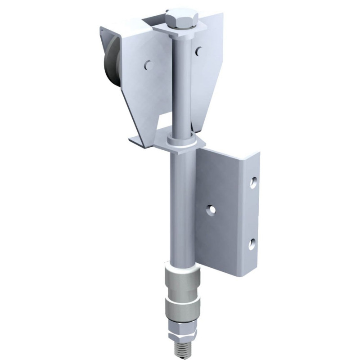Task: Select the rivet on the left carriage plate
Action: [147, 65]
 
